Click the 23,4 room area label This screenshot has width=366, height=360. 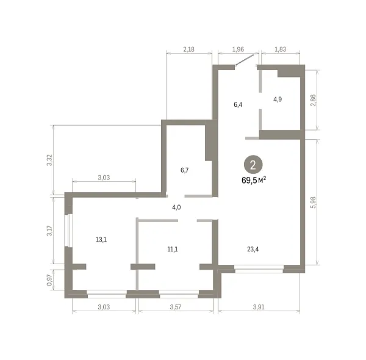pos(253,250)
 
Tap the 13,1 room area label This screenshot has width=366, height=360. pos(101,240)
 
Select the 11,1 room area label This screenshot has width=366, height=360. pos(173,250)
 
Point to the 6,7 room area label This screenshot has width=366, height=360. pos(184,170)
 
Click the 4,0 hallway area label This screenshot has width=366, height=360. pos(176,207)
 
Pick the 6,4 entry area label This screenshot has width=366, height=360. pos(238,104)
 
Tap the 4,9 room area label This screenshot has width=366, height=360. pos(278,99)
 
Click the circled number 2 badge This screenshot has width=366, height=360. pos(253,165)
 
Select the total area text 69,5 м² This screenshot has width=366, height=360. pos(254,180)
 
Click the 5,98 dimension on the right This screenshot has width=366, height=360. pos(313,203)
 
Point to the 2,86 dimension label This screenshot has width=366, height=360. pos(313,100)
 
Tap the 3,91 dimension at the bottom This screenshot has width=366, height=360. pos(259,307)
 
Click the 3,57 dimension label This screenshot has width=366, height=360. pos(175,307)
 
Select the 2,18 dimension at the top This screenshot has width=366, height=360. pos(188,49)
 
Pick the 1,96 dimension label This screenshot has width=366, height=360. pos(238,49)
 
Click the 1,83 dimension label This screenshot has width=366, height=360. pos(281,49)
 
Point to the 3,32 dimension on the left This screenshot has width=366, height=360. pos(49,160)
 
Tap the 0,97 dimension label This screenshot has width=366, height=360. pos(49,280)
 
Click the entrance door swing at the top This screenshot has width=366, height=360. pos(245,60)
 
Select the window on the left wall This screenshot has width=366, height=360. pos(68,230)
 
